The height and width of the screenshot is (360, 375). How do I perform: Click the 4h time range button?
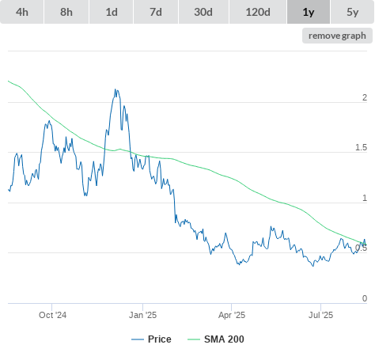22,12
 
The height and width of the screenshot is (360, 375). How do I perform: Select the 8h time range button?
66,12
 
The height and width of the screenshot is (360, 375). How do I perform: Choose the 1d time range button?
112,12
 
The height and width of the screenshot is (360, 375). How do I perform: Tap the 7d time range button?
156,12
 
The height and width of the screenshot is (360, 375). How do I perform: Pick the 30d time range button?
203,12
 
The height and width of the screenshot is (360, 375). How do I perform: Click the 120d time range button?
258,12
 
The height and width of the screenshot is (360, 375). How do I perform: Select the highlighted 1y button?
309,12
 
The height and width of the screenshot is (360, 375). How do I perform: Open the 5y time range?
353,12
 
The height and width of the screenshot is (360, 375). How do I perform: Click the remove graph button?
337,36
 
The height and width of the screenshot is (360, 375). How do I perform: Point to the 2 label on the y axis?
365,97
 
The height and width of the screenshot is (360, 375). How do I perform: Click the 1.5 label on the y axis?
361,147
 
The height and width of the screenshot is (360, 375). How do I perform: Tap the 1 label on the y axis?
365,198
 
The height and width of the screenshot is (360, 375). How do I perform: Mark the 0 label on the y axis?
365,298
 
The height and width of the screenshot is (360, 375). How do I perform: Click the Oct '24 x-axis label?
52,315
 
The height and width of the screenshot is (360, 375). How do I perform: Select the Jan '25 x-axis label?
142,315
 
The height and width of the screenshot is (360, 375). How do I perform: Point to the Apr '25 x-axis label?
232,315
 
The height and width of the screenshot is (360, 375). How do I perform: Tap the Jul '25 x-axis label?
320,315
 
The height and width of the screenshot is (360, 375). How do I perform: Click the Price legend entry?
151,339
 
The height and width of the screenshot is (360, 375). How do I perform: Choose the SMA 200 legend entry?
216,339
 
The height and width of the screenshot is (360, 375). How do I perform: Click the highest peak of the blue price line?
116,89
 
